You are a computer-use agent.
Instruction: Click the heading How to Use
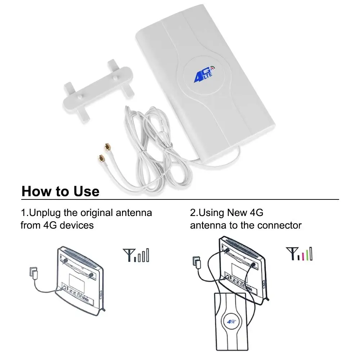60,191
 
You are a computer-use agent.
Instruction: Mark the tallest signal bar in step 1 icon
147,255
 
